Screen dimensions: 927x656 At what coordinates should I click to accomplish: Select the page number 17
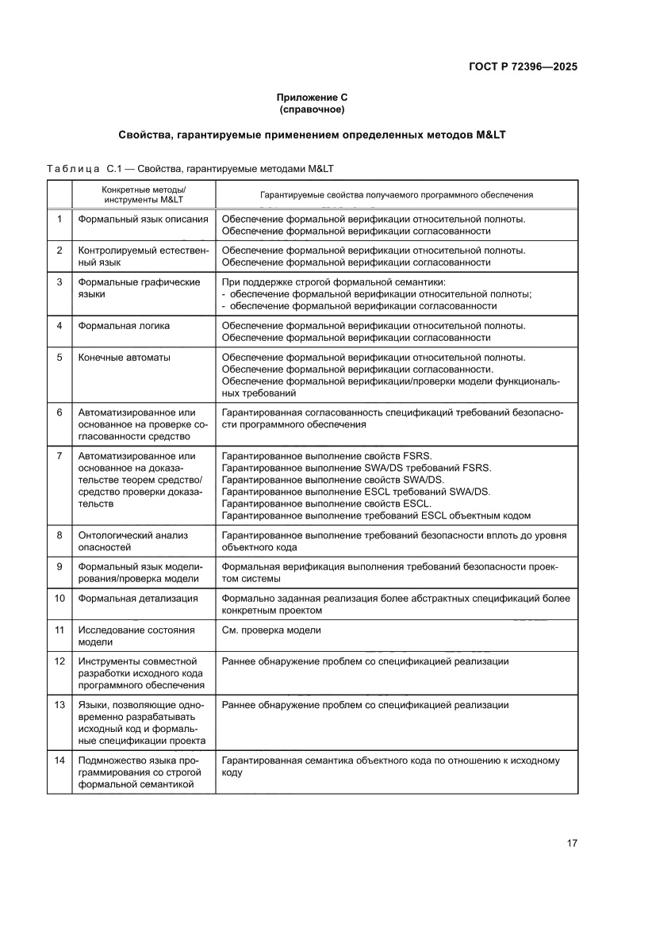click(571, 843)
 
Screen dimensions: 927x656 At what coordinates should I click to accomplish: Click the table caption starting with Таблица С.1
click(190, 169)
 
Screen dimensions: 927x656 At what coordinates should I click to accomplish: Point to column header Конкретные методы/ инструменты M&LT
click(144, 194)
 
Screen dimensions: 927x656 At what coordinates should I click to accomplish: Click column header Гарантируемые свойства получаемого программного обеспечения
click(397, 194)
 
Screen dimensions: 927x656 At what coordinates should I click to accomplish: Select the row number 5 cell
click(59, 358)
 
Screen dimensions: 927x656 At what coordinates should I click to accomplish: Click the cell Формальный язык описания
click(144, 219)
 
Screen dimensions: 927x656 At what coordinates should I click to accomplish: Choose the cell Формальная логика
click(124, 326)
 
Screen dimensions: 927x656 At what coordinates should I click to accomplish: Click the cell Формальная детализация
click(138, 598)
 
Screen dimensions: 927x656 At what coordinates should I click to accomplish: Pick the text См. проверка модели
click(271, 630)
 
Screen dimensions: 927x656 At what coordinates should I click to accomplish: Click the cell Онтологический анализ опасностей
click(133, 541)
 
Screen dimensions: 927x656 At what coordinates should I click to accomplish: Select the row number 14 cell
click(59, 760)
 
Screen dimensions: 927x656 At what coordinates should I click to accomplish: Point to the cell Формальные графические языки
click(139, 288)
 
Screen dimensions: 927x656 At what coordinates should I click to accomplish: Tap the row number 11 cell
click(59, 630)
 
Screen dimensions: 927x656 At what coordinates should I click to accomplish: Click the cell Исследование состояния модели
click(136, 636)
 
